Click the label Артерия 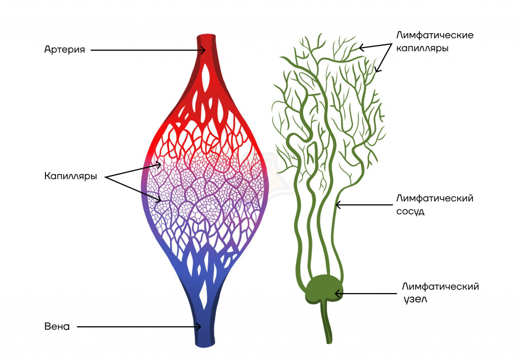click(64, 50)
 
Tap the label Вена click(57, 326)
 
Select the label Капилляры click(70, 177)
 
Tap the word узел click(414, 300)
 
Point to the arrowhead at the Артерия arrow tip click(203, 50)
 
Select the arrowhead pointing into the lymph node click(337, 293)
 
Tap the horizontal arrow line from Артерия click(146, 50)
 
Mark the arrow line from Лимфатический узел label click(368, 293)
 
